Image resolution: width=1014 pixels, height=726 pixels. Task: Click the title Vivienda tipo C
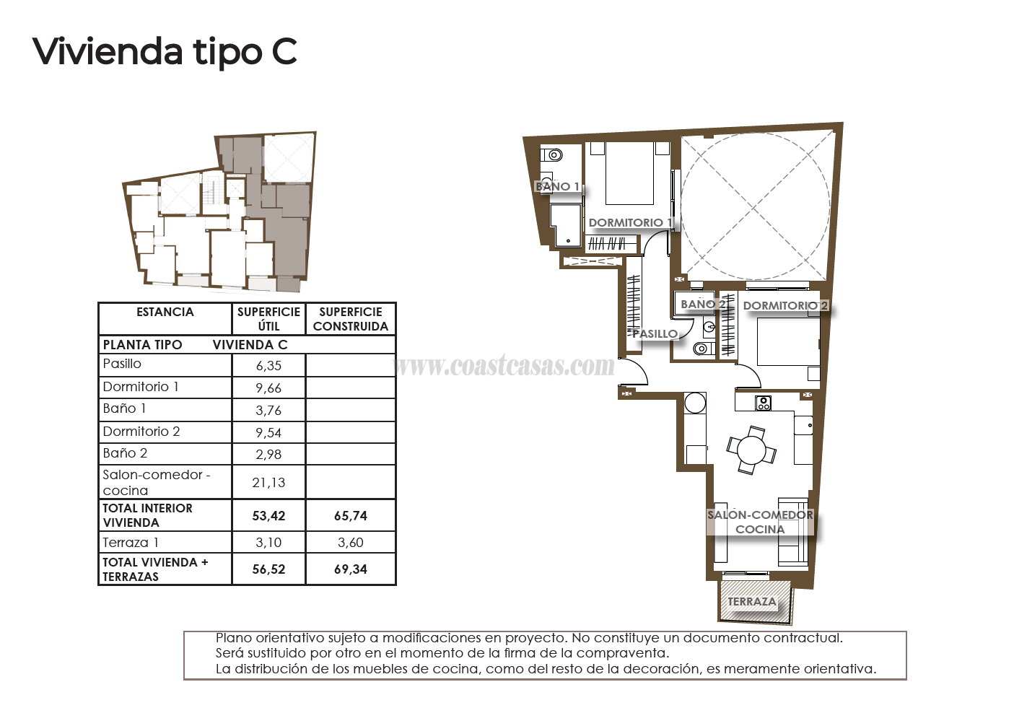click(x=165, y=52)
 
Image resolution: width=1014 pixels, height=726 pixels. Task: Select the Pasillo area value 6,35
click(x=268, y=366)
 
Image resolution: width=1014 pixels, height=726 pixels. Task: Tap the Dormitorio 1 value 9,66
click(x=268, y=388)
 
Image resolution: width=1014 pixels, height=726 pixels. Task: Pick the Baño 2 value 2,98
click(x=268, y=455)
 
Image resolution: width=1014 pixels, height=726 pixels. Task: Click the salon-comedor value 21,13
click(x=268, y=483)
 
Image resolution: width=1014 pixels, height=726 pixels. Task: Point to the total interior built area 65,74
click(x=351, y=516)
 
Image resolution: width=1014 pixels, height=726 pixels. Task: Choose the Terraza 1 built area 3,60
click(x=351, y=543)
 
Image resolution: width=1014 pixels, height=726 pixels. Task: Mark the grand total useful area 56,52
click(x=268, y=569)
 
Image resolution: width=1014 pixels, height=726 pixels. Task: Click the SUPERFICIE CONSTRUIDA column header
click(x=351, y=319)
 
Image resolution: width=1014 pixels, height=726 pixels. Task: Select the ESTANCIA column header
click(x=165, y=312)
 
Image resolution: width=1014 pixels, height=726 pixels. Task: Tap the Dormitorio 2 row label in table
click(x=141, y=432)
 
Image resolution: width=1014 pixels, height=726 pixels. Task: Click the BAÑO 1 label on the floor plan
click(x=557, y=186)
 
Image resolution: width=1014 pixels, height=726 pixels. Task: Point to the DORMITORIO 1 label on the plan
click(x=630, y=222)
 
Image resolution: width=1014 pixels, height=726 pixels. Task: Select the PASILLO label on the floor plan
click(x=655, y=333)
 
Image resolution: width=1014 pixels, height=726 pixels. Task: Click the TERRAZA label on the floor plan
click(x=752, y=602)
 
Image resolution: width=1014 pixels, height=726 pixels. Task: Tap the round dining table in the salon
click(x=751, y=451)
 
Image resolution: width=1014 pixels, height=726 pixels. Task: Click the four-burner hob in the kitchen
click(x=764, y=403)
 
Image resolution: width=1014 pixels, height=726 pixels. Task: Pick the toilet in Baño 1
click(x=554, y=154)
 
